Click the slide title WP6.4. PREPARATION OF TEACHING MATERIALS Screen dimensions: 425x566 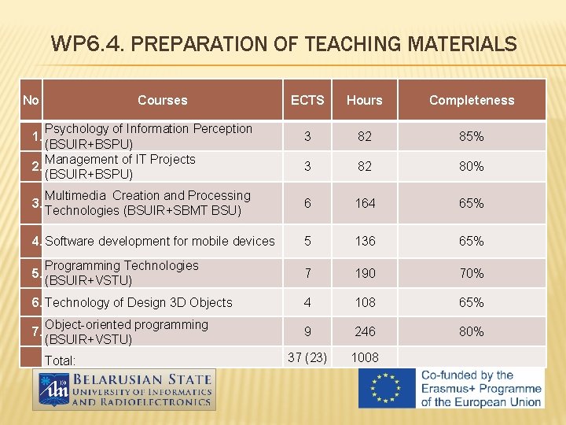click(x=284, y=44)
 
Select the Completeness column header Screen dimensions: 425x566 click(x=472, y=100)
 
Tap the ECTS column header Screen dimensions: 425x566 click(x=307, y=100)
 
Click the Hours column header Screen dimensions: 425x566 click(x=364, y=100)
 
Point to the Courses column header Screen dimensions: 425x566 click(x=162, y=100)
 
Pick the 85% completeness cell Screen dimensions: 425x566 click(x=472, y=136)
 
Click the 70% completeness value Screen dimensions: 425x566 click(x=472, y=273)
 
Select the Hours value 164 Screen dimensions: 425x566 click(x=364, y=203)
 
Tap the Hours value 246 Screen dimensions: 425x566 click(x=364, y=331)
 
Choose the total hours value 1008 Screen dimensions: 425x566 click(x=364, y=357)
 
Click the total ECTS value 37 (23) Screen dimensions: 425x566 click(x=307, y=357)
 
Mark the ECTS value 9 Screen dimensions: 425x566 click(x=307, y=331)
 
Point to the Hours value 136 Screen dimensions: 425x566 click(x=364, y=241)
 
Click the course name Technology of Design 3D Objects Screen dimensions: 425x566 click(x=138, y=302)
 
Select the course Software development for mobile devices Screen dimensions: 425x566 click(x=160, y=241)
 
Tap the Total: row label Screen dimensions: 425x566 click(x=61, y=360)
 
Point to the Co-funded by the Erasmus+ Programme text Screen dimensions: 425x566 click(x=481, y=389)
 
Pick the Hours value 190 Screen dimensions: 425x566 click(x=364, y=273)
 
